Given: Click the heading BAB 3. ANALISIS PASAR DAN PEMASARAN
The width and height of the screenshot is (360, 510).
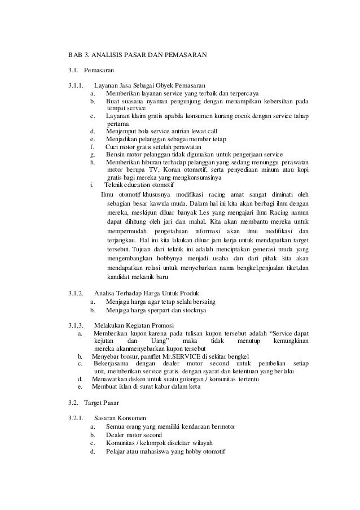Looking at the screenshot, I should [138, 56].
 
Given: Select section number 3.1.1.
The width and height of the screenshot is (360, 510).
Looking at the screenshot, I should [76, 85].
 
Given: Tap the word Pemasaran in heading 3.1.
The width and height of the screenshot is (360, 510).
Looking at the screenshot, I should [99, 71].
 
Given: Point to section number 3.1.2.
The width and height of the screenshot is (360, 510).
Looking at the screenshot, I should [76, 293].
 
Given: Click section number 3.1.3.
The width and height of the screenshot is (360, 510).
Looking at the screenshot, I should [76, 325].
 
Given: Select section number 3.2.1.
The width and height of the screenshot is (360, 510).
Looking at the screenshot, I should [76, 419].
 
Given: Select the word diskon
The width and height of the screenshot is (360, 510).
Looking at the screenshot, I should [139, 380].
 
